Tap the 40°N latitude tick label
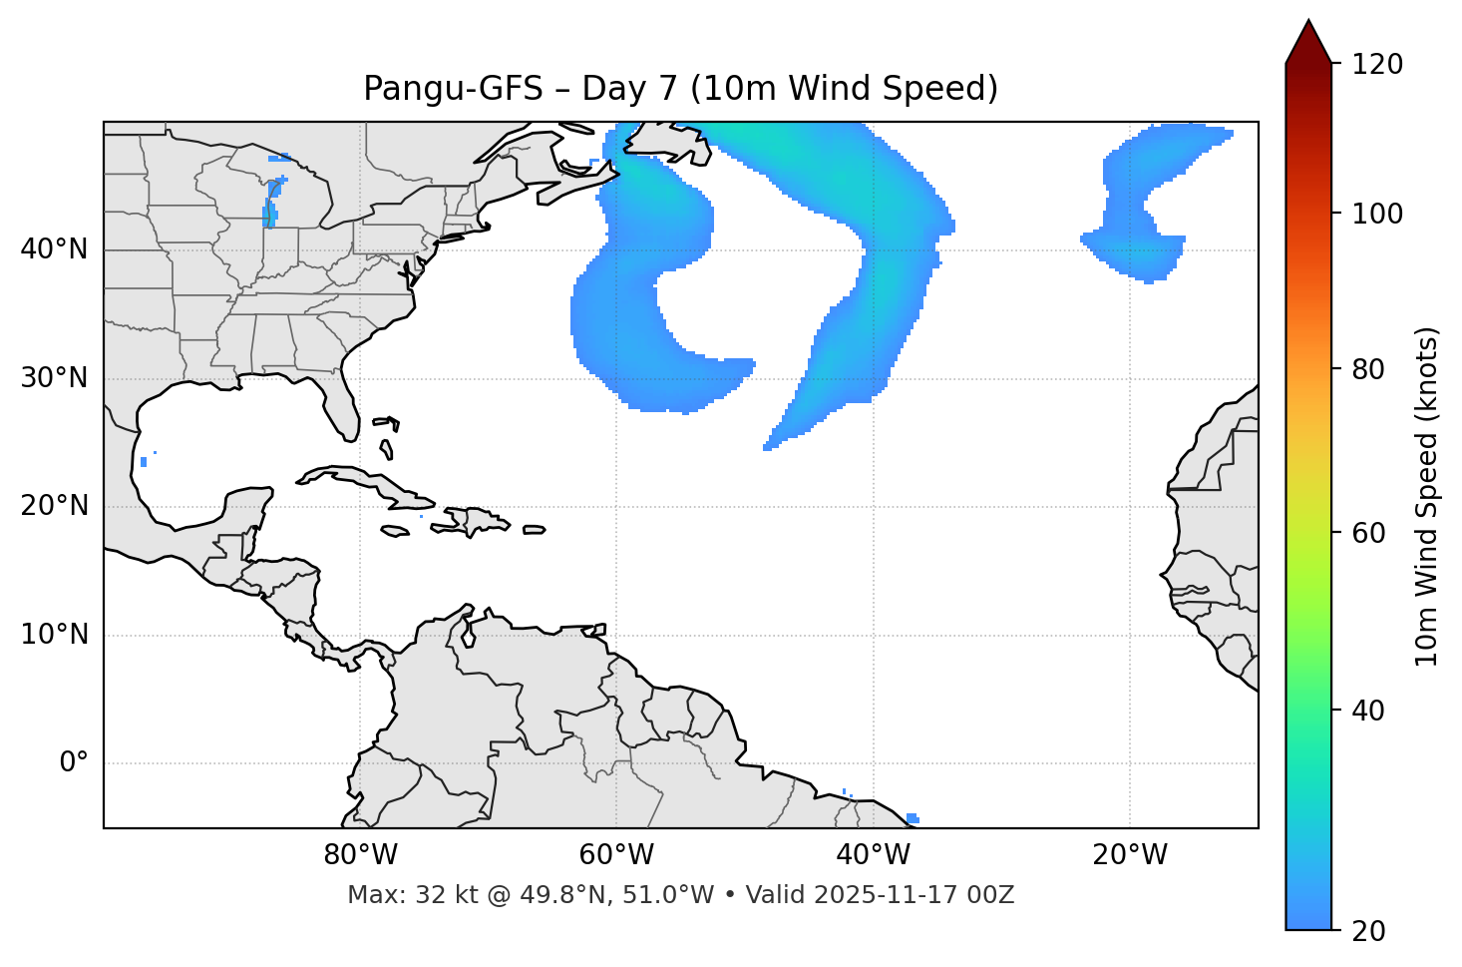pyautogui.click(x=54, y=249)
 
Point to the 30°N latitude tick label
pyautogui.click(x=54, y=378)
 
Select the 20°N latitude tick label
pyautogui.click(x=54, y=506)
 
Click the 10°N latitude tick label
pyautogui.click(x=54, y=635)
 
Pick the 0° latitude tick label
pyautogui.click(x=73, y=763)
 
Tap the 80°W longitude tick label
pyautogui.click(x=360, y=855)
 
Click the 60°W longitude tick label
pyautogui.click(x=616, y=855)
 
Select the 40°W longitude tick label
pyautogui.click(x=873, y=855)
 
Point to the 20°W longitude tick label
pyautogui.click(x=1129, y=855)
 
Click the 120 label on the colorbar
pyautogui.click(x=1377, y=65)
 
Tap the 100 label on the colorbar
pyautogui.click(x=1377, y=214)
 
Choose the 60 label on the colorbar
pyautogui.click(x=1368, y=533)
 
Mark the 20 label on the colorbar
pyautogui.click(x=1368, y=931)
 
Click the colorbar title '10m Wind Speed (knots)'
pyautogui.click(x=1427, y=496)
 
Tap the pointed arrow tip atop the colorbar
pyautogui.click(x=1308, y=24)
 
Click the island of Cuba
pyautogui.click(x=359, y=481)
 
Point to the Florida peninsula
pyautogui.click(x=341, y=404)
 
